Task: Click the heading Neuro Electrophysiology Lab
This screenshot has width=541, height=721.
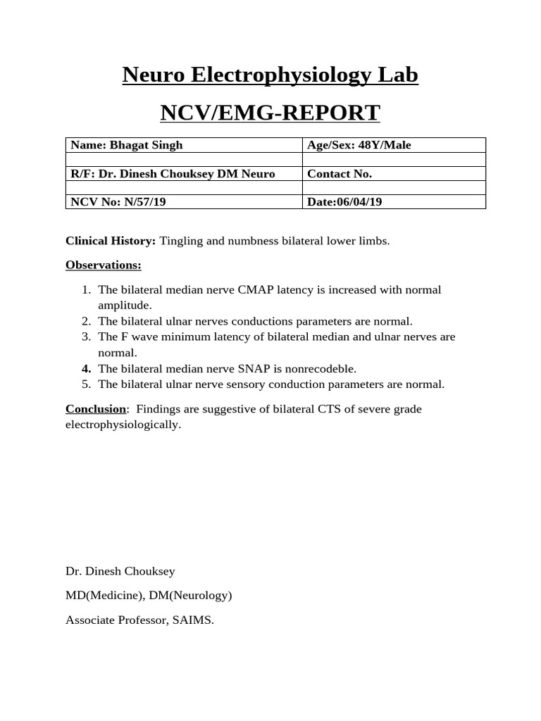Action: click(270, 75)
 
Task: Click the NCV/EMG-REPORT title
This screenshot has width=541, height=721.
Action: click(270, 113)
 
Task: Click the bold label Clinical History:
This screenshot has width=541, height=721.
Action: click(111, 241)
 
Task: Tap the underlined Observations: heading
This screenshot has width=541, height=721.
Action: click(104, 265)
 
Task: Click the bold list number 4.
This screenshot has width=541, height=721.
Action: click(86, 369)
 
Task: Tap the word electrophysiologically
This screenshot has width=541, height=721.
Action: click(123, 425)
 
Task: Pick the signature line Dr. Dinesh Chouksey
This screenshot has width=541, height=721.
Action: click(120, 571)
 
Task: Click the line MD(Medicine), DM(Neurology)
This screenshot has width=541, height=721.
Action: click(149, 596)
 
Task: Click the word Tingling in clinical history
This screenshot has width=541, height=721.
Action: click(181, 241)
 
